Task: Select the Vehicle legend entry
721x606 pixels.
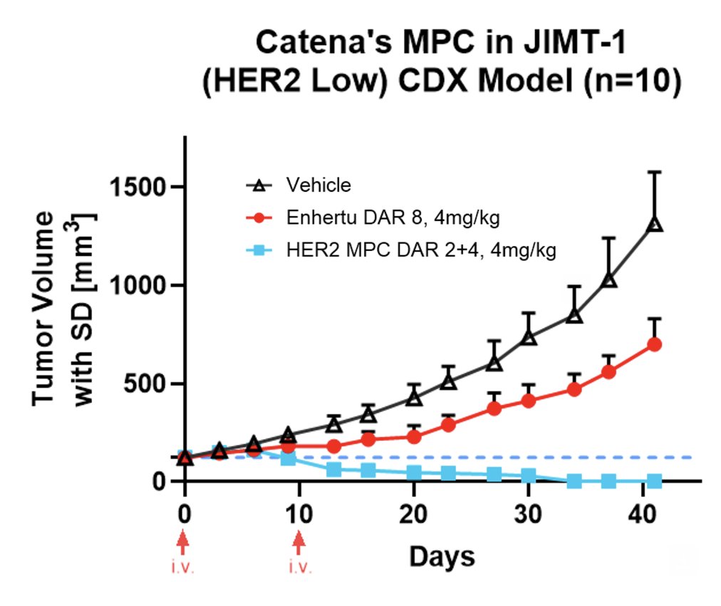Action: coord(318,185)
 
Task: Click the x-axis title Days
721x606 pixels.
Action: coord(442,556)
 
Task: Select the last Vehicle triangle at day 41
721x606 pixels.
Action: coord(654,225)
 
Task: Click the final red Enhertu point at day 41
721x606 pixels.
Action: coord(654,344)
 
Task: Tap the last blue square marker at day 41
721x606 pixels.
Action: coord(654,482)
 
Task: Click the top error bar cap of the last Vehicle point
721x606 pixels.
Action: coord(654,172)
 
